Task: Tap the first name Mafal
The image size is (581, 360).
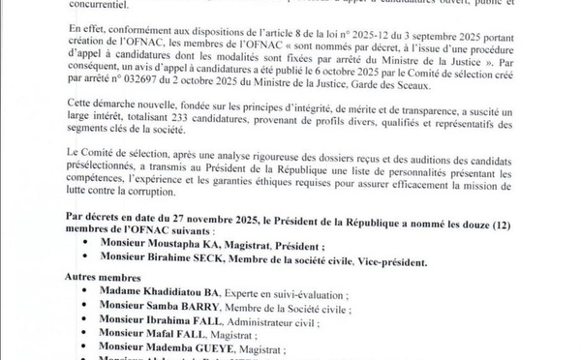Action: [174, 338]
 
